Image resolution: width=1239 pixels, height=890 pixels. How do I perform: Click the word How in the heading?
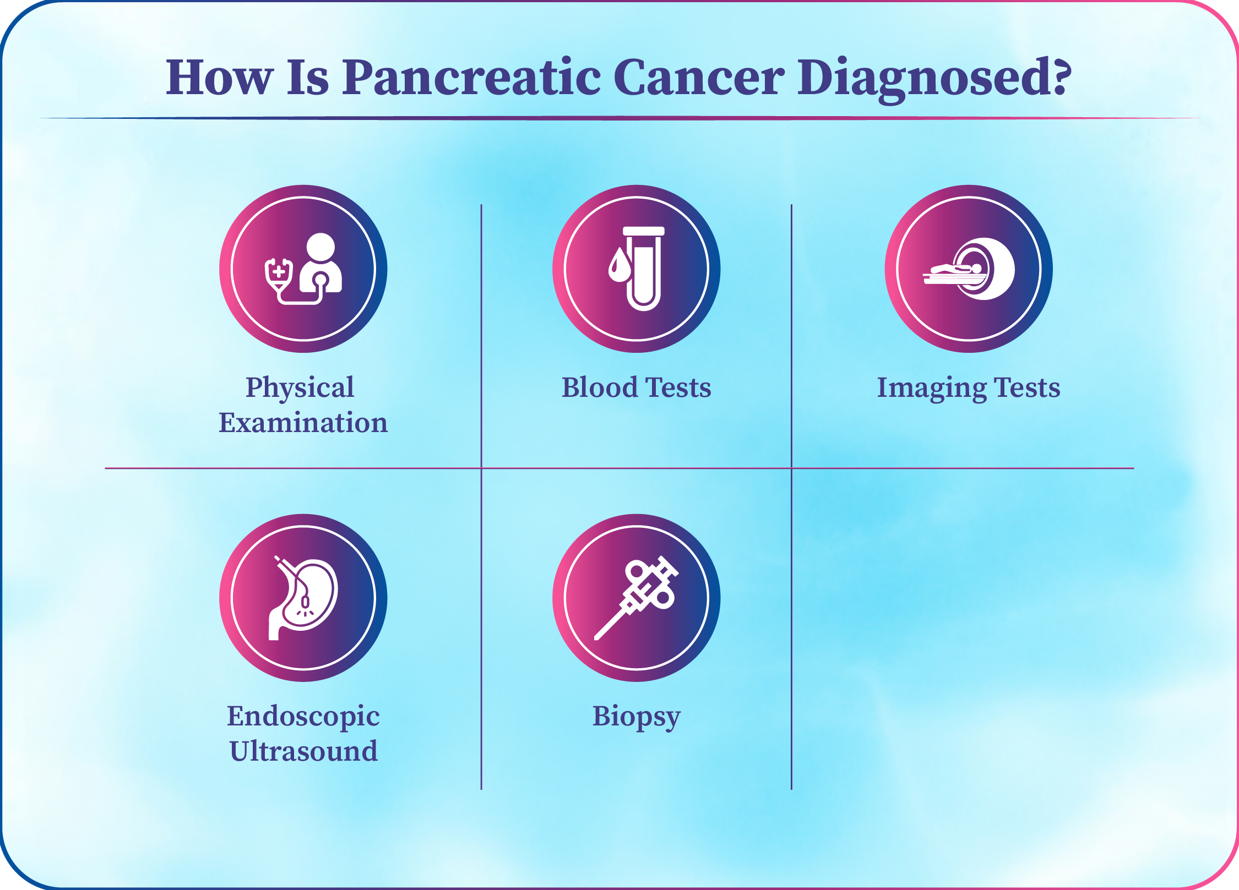tap(219, 77)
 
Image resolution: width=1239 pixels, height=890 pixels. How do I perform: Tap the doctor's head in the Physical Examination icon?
tap(320, 248)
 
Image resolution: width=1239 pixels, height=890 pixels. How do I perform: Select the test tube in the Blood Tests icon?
tap(644, 268)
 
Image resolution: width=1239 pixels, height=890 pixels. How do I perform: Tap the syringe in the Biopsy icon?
tap(637, 598)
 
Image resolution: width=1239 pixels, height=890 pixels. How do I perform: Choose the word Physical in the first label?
tap(300, 389)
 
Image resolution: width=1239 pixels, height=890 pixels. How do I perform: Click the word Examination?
tap(303, 423)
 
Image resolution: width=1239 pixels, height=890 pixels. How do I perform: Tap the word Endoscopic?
tap(303, 717)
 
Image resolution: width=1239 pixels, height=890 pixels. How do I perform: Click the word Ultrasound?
tap(303, 751)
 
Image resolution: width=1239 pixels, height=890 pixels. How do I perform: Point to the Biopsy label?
tap(637, 717)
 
